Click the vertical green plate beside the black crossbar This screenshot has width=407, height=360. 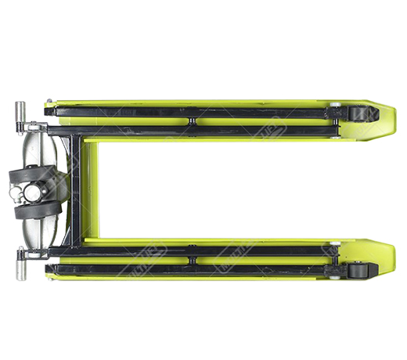tap(91, 193)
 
